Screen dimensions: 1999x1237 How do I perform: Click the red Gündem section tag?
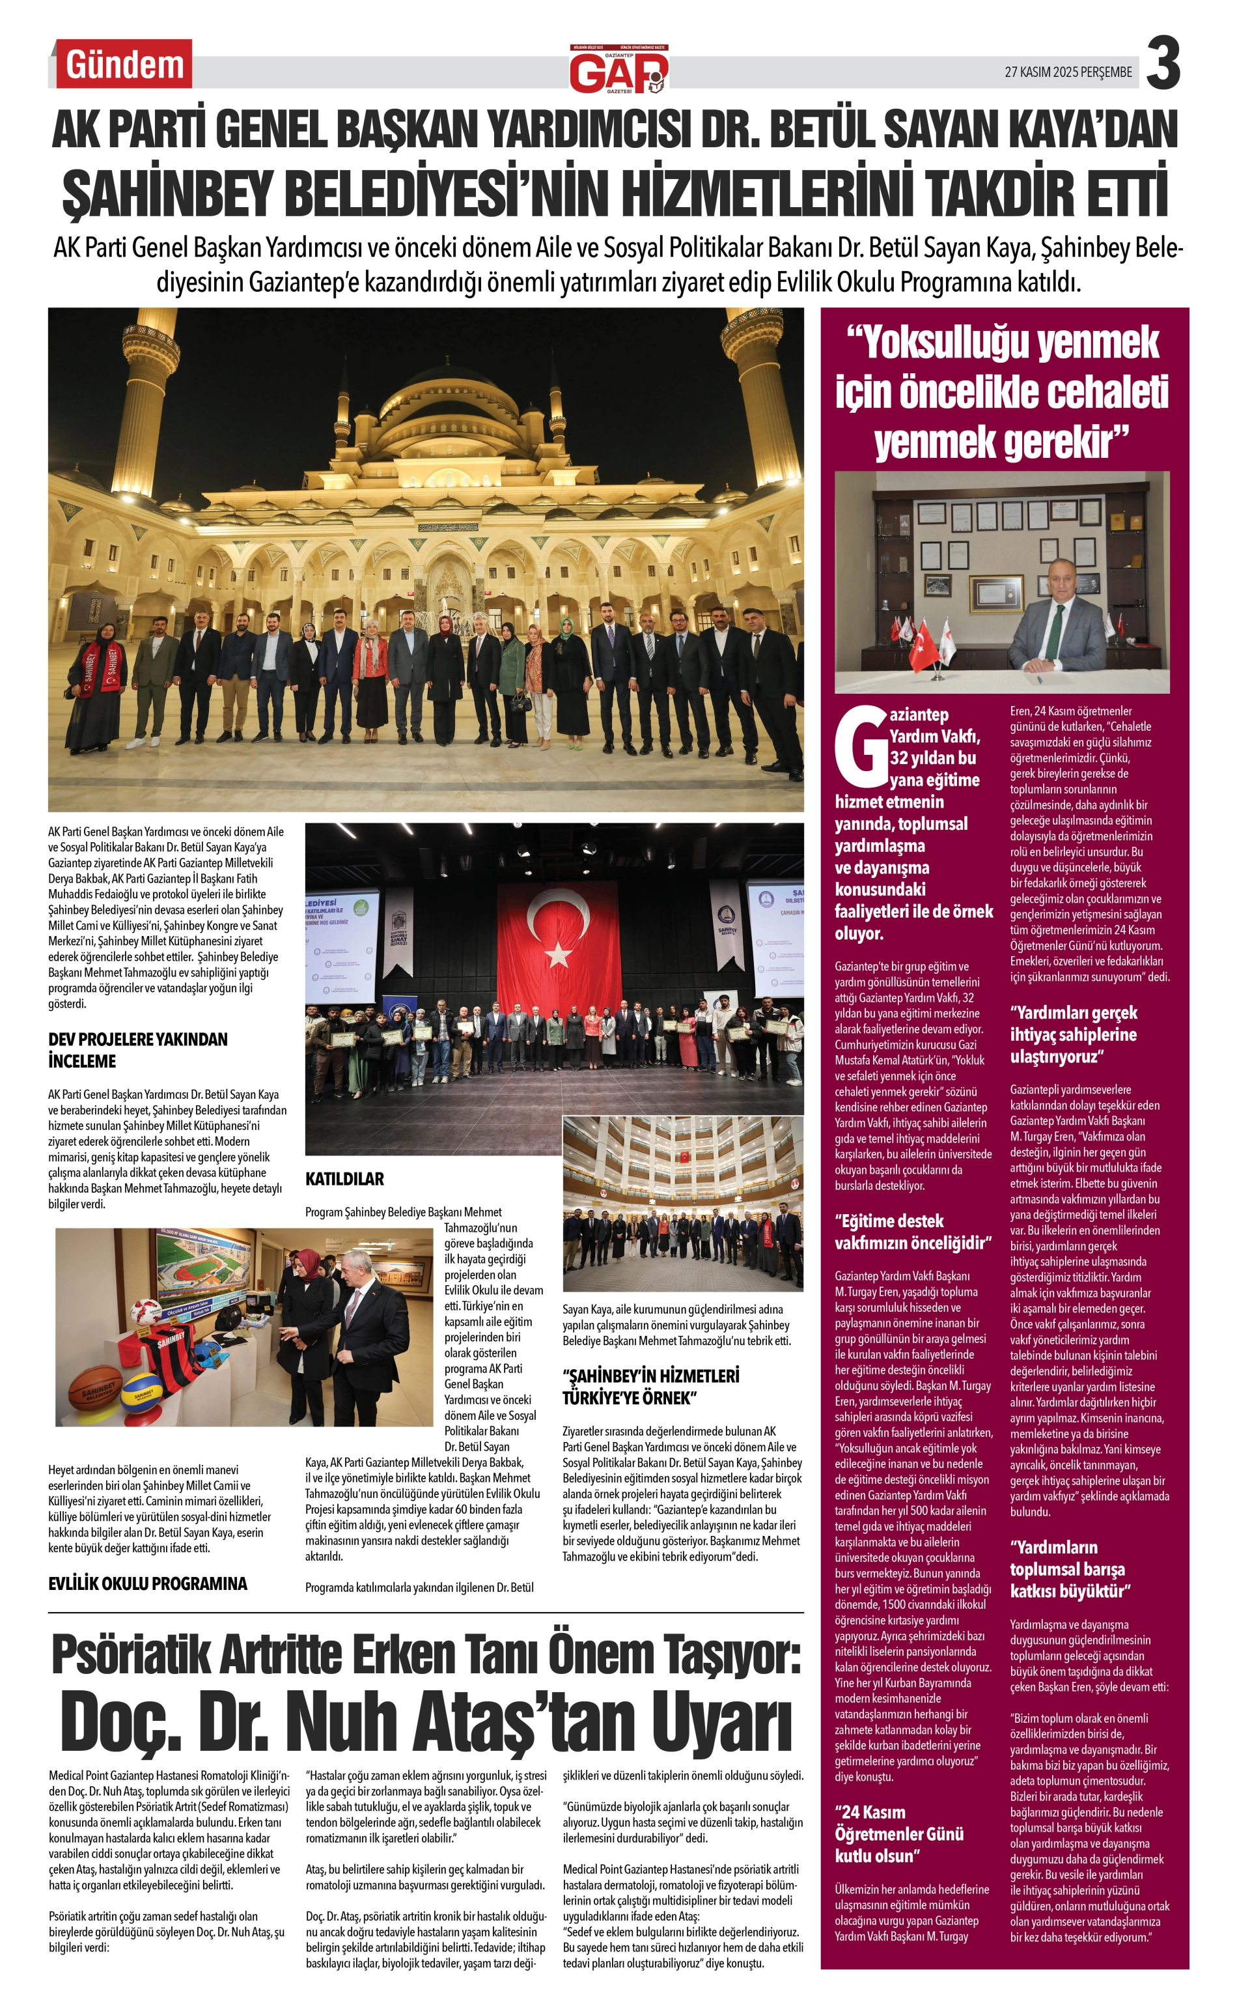point(124,64)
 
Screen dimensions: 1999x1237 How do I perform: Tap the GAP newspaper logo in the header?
point(619,70)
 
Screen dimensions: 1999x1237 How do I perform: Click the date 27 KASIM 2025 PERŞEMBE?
point(1068,72)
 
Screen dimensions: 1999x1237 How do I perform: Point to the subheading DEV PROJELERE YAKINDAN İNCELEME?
point(137,1050)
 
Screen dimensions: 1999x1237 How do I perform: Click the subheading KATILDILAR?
point(344,1179)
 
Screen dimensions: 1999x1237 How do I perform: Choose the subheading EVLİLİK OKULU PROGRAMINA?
point(147,1583)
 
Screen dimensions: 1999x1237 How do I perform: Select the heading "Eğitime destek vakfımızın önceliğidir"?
point(912,1232)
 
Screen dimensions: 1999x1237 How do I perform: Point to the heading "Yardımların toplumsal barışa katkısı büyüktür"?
point(1070,1568)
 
